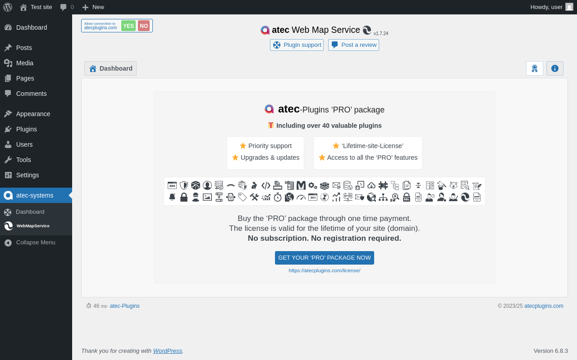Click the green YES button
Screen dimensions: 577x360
(x=128, y=26)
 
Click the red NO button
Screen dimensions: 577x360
(x=144, y=26)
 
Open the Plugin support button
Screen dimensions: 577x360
(x=297, y=45)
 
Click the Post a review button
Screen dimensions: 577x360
(x=353, y=45)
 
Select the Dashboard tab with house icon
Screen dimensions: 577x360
(x=110, y=68)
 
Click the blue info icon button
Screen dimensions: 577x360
(x=555, y=68)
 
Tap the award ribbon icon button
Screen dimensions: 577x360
(x=535, y=68)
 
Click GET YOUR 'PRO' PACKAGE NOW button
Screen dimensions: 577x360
(x=324, y=258)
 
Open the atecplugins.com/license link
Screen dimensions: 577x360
(x=324, y=270)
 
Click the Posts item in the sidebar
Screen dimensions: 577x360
(x=24, y=48)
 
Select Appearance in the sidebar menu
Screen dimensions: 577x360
(x=33, y=114)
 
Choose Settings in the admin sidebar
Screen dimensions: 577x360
(x=27, y=175)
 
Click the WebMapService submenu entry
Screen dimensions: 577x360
(x=33, y=226)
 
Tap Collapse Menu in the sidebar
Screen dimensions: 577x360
(x=36, y=243)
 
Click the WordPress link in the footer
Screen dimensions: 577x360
(x=167, y=351)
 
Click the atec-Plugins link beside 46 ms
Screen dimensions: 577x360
(x=125, y=306)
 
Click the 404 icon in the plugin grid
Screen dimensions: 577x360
(x=172, y=185)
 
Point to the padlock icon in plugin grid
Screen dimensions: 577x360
(x=184, y=197)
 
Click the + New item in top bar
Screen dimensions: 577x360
(x=93, y=7)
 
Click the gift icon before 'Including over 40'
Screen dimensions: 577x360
(x=270, y=125)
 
